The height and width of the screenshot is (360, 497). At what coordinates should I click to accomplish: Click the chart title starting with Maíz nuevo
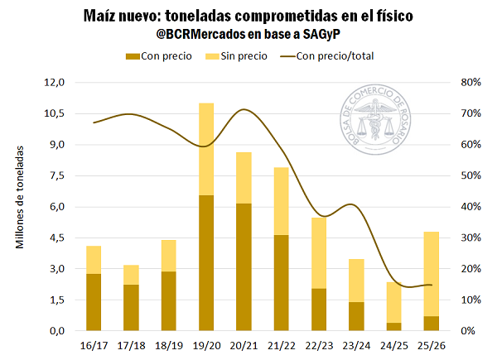(248, 16)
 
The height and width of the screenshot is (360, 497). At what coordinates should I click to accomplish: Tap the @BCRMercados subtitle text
(248, 35)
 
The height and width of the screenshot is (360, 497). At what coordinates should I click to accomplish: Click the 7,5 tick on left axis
(55, 175)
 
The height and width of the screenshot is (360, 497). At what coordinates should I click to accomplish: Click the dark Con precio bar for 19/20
(206, 262)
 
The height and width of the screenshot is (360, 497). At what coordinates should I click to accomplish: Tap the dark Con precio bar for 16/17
(94, 302)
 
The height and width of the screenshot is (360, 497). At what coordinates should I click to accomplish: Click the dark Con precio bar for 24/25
(393, 326)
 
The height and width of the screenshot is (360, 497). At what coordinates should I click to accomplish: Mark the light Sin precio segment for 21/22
(281, 201)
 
